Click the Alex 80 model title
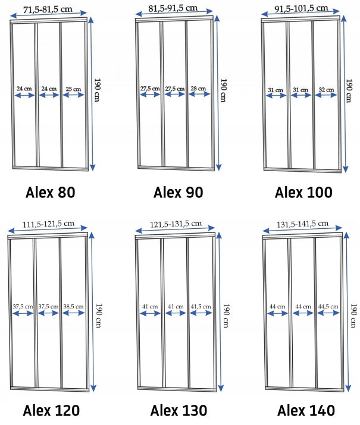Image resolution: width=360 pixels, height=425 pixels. (x=50, y=193)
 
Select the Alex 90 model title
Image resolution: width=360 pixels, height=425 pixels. (x=179, y=193)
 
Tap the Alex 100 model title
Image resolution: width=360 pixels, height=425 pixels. (x=303, y=193)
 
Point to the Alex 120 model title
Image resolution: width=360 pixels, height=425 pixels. (x=51, y=410)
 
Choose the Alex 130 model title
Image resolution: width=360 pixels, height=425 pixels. (x=179, y=410)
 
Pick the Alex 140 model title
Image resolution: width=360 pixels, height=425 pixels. (x=306, y=410)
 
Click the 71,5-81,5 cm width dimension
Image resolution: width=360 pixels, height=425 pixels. (x=48, y=10)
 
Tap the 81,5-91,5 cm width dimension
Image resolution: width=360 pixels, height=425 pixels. (x=173, y=8)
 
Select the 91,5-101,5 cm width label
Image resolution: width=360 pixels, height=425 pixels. (x=302, y=8)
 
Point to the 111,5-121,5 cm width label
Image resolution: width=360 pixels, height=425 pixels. (x=48, y=224)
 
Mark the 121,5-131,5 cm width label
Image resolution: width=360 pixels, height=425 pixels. (x=176, y=224)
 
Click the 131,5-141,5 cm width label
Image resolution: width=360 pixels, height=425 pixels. (x=302, y=224)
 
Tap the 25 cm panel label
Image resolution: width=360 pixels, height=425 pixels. (x=73, y=89)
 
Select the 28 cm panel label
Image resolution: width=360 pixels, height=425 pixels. (x=198, y=89)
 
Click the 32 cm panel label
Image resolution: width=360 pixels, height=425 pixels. (x=326, y=89)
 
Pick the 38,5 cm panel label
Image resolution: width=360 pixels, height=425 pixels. (x=74, y=307)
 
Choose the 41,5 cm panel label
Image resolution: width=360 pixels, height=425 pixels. (x=201, y=307)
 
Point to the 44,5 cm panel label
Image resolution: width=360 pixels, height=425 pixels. (x=328, y=307)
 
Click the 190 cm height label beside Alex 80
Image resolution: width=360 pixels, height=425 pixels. (x=97, y=90)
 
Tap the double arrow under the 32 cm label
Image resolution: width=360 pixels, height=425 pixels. (x=326, y=95)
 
